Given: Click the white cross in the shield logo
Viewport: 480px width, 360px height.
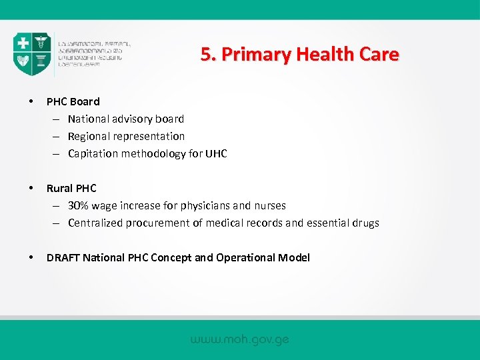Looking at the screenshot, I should coord(23,44).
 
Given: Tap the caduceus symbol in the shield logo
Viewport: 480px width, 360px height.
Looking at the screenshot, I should coord(41,44).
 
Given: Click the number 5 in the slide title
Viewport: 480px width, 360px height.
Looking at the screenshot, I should coord(207,55).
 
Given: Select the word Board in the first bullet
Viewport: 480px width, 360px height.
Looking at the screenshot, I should coord(85,102).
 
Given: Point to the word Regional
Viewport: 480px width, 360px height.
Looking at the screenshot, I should coord(91,137).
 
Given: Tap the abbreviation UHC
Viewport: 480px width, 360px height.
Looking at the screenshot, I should coord(215,154).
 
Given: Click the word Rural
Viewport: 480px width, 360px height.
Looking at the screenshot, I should coord(59,189).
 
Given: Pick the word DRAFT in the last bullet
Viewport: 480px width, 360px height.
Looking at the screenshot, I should coord(61,258).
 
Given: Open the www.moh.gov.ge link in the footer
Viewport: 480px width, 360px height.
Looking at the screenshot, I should coord(240,340).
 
